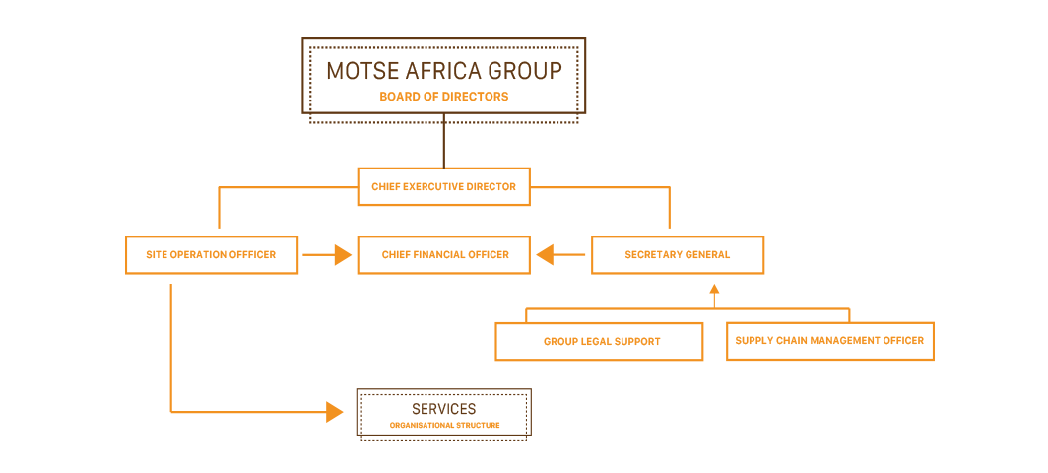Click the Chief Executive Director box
443,186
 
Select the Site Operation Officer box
212,255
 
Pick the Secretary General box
678,255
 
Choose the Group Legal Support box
599,342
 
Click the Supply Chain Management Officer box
829,341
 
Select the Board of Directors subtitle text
443,97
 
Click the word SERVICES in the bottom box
444,409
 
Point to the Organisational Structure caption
444,426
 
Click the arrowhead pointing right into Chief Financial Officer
343,255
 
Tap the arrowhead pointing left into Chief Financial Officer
545,255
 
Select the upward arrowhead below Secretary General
714,290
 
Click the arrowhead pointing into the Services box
337,411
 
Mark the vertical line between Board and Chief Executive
443,141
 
